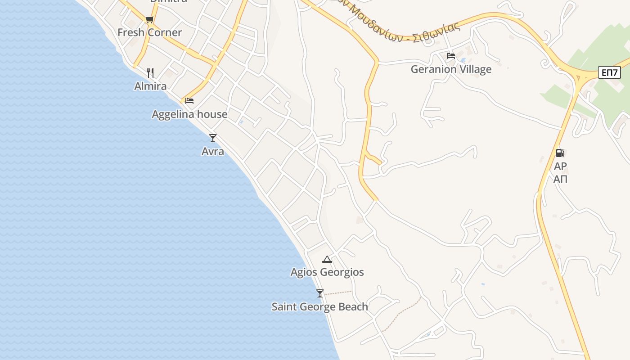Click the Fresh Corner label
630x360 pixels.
point(149,32)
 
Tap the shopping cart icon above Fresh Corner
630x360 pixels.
point(150,19)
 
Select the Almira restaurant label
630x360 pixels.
point(150,86)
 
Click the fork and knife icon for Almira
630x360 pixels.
point(150,72)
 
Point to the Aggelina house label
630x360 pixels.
point(189,114)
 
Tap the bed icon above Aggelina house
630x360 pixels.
point(189,100)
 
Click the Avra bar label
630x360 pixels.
point(213,151)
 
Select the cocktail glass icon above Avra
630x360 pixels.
point(213,138)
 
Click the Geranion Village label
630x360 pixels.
point(451,69)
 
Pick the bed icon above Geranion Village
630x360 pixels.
point(451,56)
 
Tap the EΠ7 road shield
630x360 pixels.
point(609,72)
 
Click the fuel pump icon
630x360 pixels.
point(560,153)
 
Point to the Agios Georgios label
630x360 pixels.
point(327,272)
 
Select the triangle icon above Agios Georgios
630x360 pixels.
point(327,259)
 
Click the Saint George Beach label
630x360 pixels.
point(319,307)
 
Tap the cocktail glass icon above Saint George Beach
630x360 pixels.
point(319,293)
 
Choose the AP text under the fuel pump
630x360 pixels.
point(560,166)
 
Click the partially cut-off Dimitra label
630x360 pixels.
point(168,1)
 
